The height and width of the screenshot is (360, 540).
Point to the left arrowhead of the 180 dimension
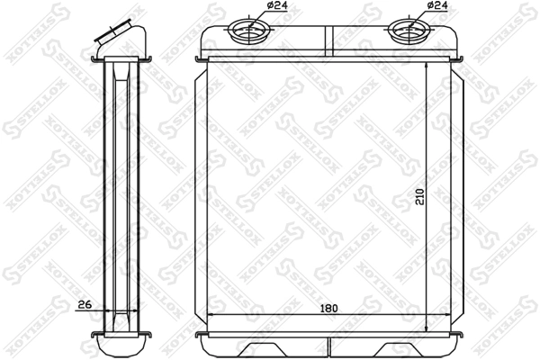pyautogui.click(x=211, y=316)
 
